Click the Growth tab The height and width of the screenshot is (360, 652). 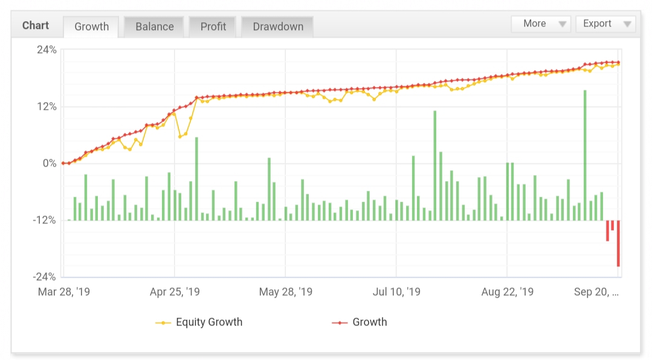[x=91, y=27]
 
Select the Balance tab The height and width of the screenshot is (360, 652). [x=154, y=27]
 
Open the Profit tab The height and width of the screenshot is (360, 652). [x=213, y=27]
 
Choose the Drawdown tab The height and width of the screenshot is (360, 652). [x=277, y=27]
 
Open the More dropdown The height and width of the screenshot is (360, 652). [x=541, y=24]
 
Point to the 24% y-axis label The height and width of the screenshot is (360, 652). [x=46, y=50]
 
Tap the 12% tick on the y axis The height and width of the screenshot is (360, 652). [x=46, y=107]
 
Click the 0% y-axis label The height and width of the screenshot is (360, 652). [x=49, y=164]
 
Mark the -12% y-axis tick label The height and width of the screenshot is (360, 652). [x=44, y=220]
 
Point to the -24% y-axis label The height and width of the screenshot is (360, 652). [x=44, y=277]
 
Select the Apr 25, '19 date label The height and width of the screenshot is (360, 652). [x=174, y=292]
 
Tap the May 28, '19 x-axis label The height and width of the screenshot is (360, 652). [x=285, y=292]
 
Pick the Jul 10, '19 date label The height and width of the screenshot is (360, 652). [x=396, y=292]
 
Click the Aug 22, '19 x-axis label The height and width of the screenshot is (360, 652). [x=508, y=292]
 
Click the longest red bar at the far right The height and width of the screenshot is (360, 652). [x=618, y=243]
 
